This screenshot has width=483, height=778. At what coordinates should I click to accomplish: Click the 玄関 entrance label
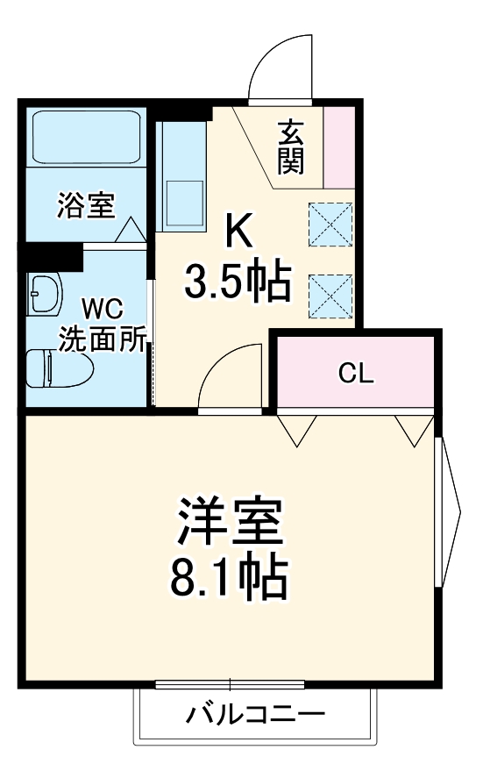point(292,146)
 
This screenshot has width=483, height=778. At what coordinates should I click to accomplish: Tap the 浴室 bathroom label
point(85,206)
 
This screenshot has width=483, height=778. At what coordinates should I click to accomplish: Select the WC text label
point(103,310)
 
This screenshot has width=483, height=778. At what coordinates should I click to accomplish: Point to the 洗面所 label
point(103,339)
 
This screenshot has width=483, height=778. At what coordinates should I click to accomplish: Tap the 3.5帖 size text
point(238,282)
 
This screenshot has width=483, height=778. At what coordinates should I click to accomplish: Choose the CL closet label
point(356,374)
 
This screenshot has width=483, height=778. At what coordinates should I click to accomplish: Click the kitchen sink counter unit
point(181,175)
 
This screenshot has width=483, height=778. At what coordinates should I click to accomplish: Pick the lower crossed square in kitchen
point(330,295)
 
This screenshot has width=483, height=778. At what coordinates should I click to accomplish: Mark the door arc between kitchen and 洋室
point(231,375)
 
